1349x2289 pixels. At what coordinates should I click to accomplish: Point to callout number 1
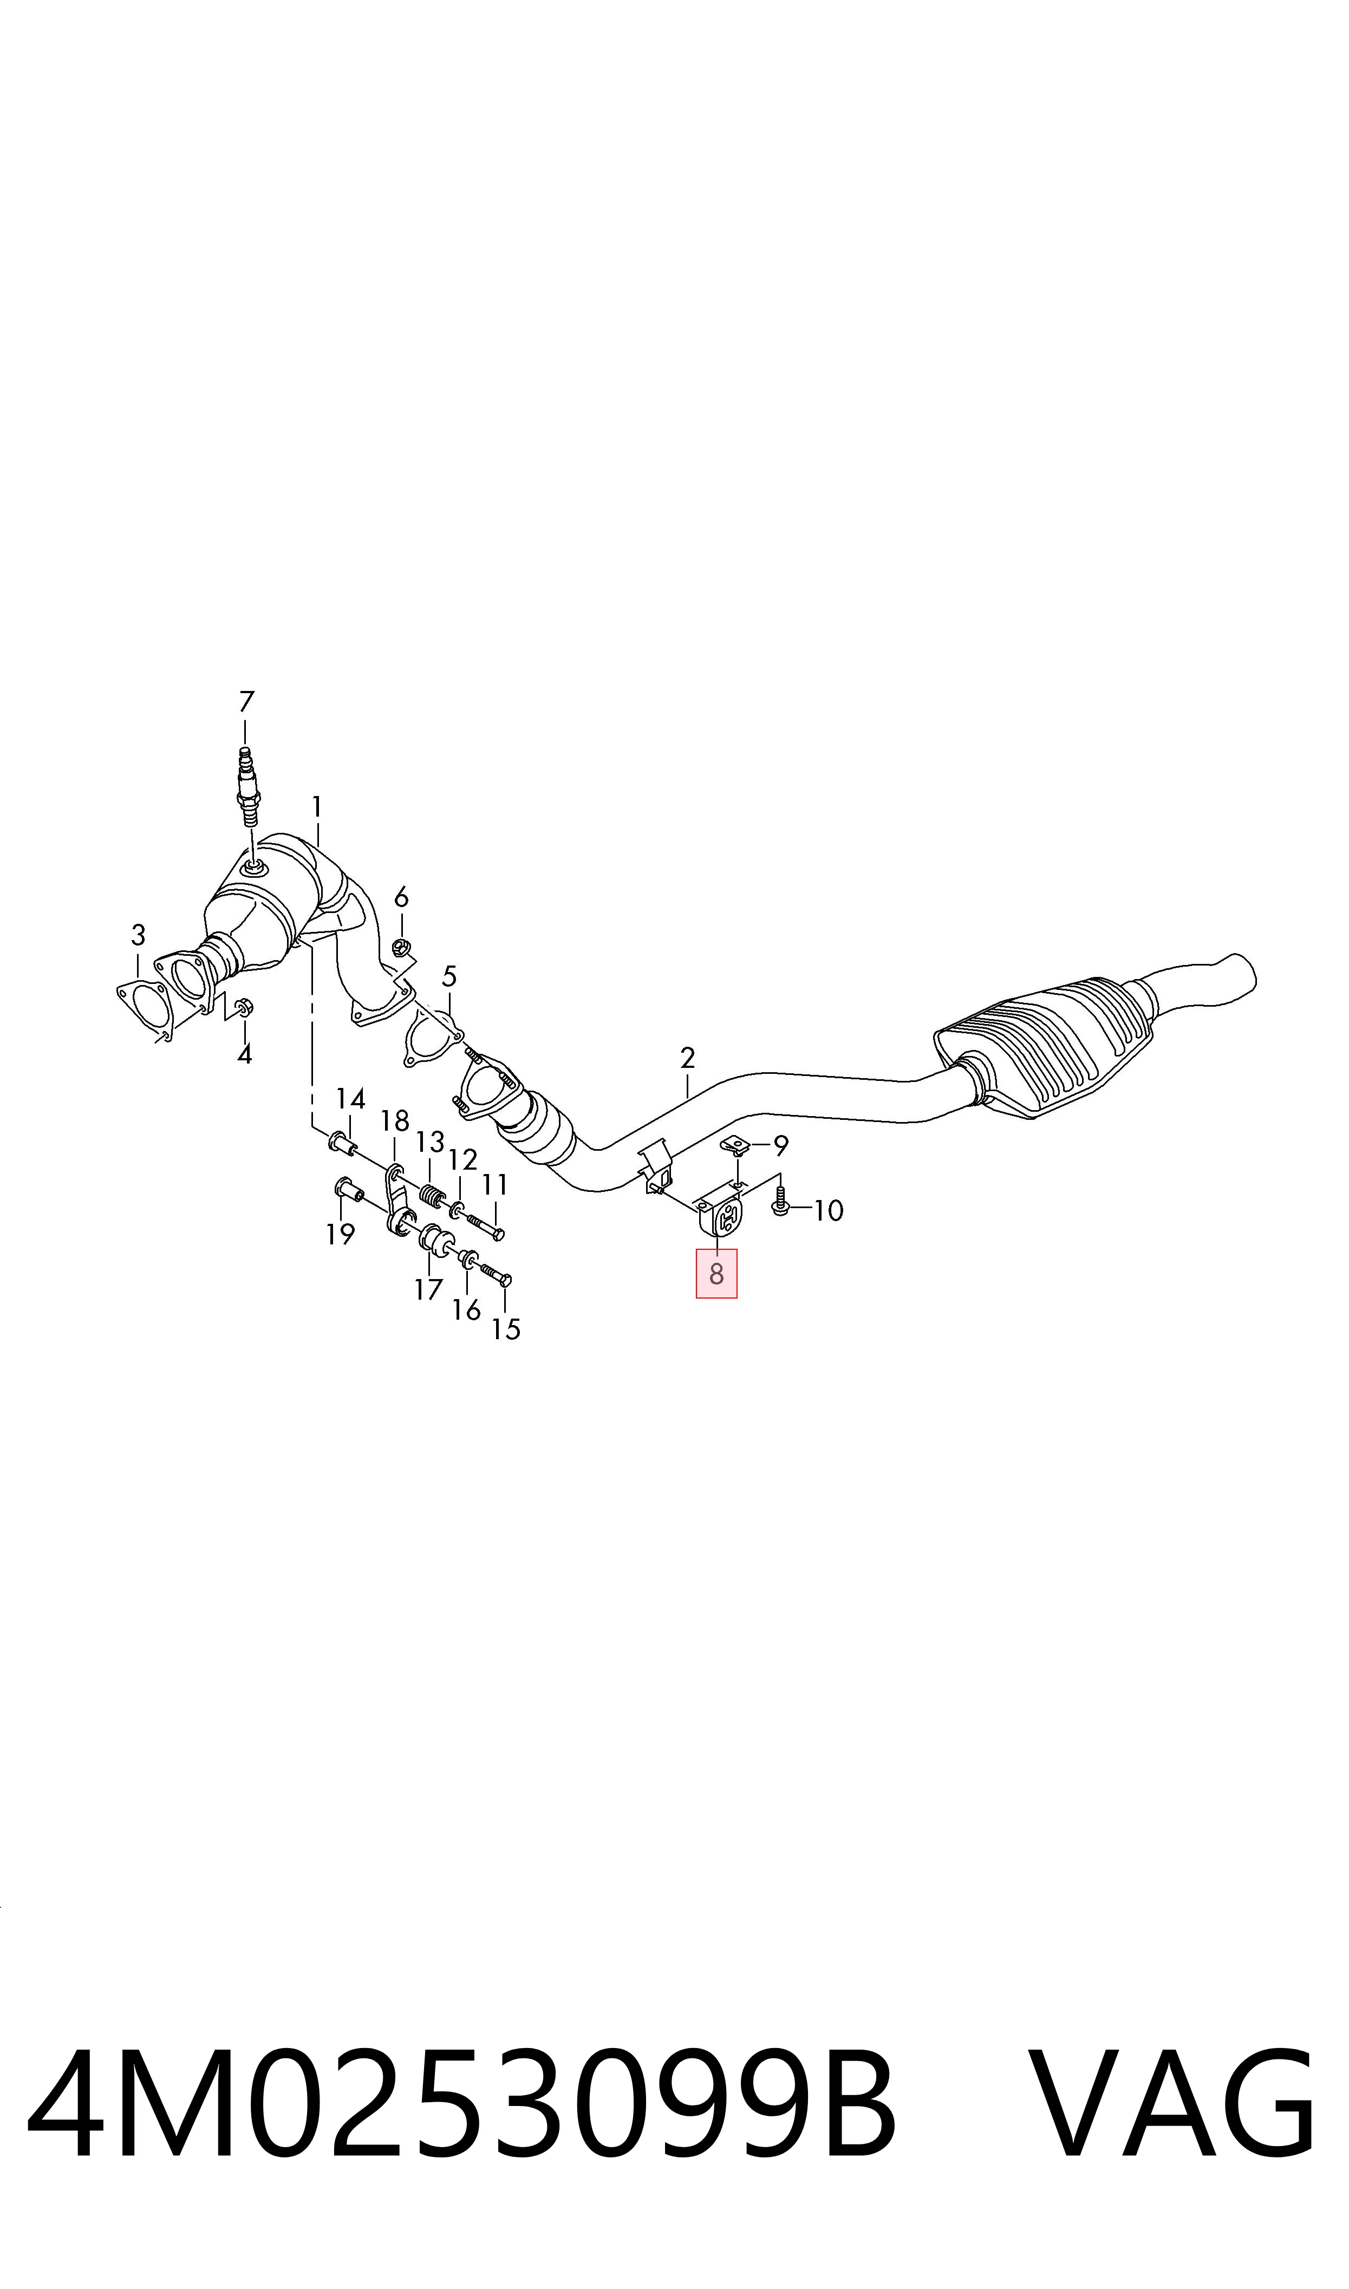point(316,806)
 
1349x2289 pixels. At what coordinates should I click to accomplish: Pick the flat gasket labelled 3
point(146,1010)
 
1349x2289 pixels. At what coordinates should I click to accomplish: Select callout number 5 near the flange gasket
point(449,977)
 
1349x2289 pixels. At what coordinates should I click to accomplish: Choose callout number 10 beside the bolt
point(828,1210)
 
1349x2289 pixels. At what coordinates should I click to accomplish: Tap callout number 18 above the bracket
point(394,1120)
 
